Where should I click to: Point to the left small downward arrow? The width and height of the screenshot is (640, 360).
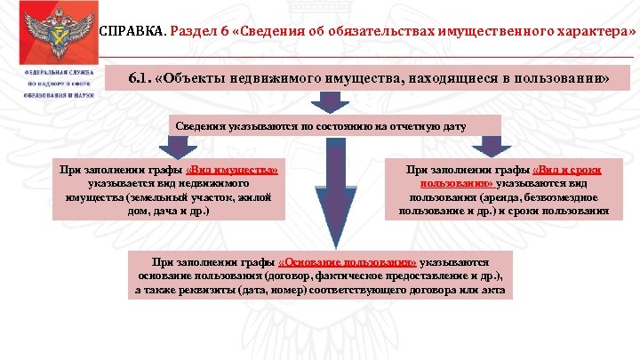point(172,147)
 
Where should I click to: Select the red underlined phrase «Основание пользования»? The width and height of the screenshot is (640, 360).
point(347,263)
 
